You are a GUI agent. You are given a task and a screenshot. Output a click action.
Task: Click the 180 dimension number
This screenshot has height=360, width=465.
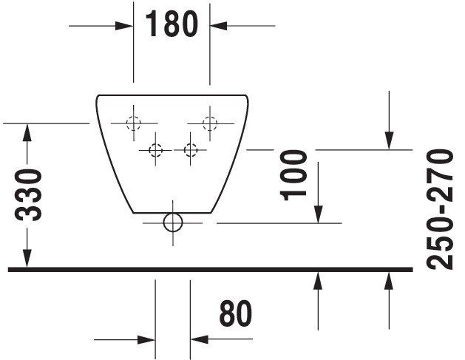[x=172, y=24]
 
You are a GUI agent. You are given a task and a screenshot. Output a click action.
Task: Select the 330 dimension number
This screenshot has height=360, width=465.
[x=28, y=195]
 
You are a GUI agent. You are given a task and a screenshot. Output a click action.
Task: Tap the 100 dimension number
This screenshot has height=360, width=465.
[x=293, y=175]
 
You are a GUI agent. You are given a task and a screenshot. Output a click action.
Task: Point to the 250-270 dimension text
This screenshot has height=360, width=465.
[x=440, y=210]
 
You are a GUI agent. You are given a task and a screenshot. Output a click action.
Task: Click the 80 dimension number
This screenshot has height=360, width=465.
[x=236, y=313]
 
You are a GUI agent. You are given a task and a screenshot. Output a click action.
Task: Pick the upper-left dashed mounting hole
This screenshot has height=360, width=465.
[x=134, y=123]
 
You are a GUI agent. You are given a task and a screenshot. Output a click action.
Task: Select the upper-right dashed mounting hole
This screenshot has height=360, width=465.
[x=210, y=123]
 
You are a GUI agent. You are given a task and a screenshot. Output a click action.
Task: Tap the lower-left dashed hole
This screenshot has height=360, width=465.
[x=155, y=150]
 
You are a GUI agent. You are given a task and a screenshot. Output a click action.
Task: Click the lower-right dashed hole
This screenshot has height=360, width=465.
[x=191, y=150]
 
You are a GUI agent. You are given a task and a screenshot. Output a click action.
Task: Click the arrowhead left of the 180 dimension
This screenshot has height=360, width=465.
[x=124, y=26]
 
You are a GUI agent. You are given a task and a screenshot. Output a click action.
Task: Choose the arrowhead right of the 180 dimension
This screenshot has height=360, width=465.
[x=219, y=26]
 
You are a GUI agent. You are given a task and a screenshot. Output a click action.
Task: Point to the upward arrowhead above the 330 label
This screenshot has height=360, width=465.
[x=27, y=132]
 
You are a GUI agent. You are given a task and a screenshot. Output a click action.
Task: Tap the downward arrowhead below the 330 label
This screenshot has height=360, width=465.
[x=27, y=258]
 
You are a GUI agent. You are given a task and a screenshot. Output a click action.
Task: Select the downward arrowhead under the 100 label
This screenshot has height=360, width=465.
[x=318, y=214]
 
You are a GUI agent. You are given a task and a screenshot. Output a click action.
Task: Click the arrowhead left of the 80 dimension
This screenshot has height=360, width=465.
[x=146, y=339]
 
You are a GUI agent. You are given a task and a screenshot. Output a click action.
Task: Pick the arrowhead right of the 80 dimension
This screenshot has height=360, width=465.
[x=200, y=339]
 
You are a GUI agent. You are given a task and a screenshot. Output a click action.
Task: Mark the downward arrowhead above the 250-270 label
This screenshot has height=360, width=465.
[x=389, y=140]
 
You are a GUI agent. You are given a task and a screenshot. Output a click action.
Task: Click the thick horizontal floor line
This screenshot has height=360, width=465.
[x=210, y=269]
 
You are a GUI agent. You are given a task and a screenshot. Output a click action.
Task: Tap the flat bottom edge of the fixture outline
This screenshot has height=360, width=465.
[x=172, y=213]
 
